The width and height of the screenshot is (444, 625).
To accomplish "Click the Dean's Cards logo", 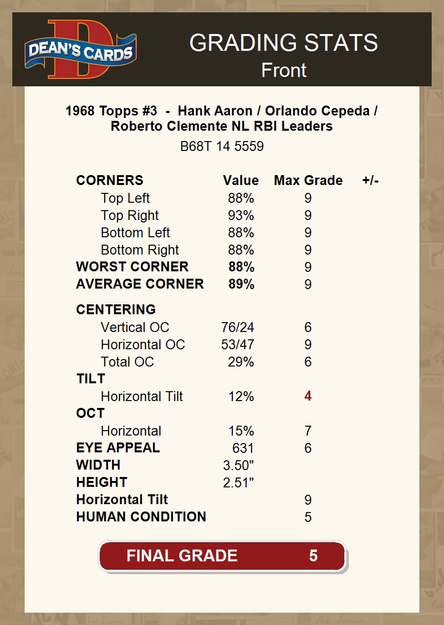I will pyautogui.click(x=81, y=49).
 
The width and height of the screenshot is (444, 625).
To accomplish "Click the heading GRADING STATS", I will pyautogui.click(x=283, y=43).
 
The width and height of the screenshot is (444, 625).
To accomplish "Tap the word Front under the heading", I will pyautogui.click(x=284, y=70).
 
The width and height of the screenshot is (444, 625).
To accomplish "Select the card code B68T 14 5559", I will pyautogui.click(x=222, y=147).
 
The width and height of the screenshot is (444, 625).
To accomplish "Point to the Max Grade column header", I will pyautogui.click(x=308, y=181).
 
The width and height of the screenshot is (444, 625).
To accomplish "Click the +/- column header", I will pyautogui.click(x=370, y=181).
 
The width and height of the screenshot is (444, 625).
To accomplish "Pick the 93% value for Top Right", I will pyautogui.click(x=241, y=216).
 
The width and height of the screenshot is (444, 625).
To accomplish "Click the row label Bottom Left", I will pyautogui.click(x=135, y=233).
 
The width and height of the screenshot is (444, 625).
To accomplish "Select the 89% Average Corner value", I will pyautogui.click(x=241, y=284).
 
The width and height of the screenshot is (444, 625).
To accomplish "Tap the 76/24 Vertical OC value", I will pyautogui.click(x=238, y=328).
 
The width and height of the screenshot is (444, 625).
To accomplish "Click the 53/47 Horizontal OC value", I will pyautogui.click(x=238, y=345).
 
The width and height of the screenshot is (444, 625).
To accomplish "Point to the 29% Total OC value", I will pyautogui.click(x=241, y=362).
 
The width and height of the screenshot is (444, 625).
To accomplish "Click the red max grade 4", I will pyautogui.click(x=308, y=397).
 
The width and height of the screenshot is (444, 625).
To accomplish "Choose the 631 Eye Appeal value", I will pyautogui.click(x=243, y=448).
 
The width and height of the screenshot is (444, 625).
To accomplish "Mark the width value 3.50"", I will pyautogui.click(x=238, y=466).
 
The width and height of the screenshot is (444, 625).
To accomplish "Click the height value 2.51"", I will pyautogui.click(x=238, y=483).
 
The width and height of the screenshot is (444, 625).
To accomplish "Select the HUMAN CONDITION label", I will pyautogui.click(x=141, y=517).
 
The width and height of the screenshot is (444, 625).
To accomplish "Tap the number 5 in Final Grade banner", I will pyautogui.click(x=313, y=556).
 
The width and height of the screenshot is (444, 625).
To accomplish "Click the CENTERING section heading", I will pyautogui.click(x=116, y=310).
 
